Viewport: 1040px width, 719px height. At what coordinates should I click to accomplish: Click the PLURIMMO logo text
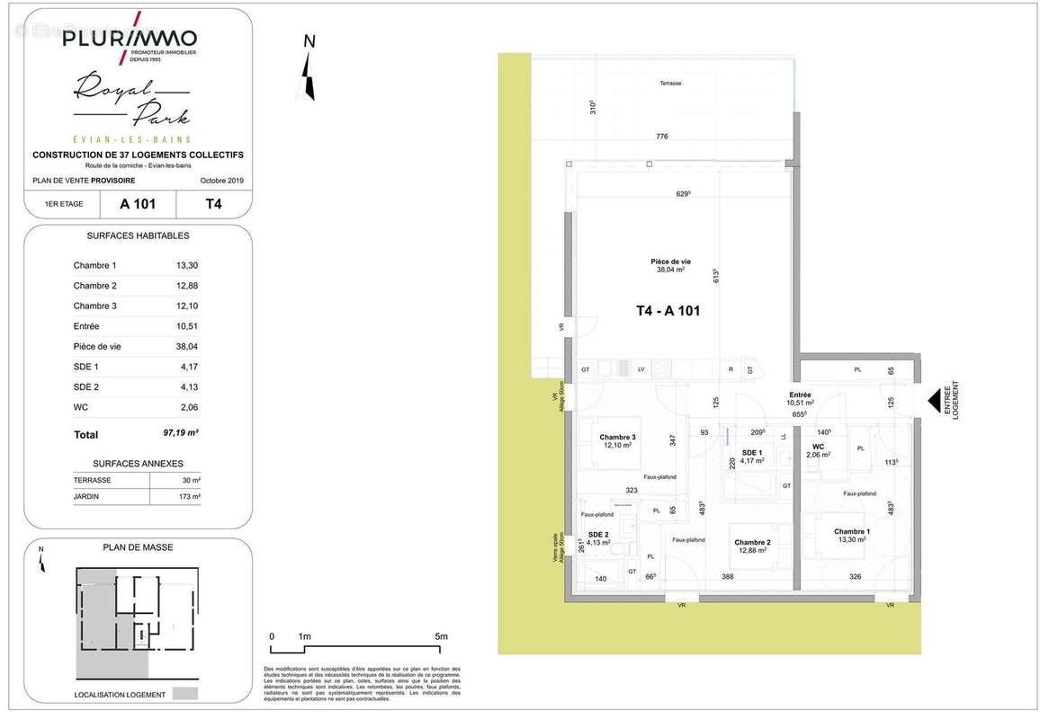click(x=129, y=39)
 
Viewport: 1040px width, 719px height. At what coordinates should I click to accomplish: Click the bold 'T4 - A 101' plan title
click(x=668, y=312)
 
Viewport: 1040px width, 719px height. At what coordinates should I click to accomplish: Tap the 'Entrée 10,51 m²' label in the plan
click(x=801, y=398)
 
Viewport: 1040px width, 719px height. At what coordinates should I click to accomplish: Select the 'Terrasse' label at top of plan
click(x=669, y=83)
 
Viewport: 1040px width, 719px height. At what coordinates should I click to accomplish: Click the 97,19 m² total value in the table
click(x=181, y=433)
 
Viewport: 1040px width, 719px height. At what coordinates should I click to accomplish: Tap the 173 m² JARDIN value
click(x=189, y=496)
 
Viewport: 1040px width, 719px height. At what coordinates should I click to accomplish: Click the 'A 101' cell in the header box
click(x=138, y=204)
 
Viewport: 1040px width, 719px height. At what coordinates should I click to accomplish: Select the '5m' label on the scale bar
click(x=441, y=636)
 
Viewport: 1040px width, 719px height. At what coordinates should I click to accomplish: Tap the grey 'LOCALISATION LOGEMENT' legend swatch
click(x=185, y=694)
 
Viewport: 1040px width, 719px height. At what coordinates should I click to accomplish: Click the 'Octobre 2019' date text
click(x=221, y=182)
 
